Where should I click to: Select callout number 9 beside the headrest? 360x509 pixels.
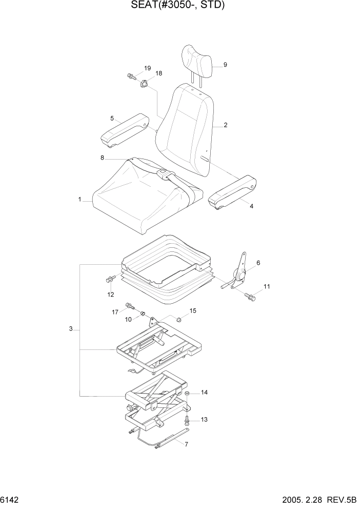225,65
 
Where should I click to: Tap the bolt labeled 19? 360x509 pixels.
131,77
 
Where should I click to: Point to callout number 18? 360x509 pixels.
158,73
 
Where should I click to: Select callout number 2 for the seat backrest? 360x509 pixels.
226,125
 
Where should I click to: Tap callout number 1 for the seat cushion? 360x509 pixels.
80,199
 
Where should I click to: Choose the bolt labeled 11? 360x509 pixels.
250,296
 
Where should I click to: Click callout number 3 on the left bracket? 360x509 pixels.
71,328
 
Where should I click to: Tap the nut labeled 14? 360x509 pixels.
188,394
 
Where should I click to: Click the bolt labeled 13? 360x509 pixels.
188,421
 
